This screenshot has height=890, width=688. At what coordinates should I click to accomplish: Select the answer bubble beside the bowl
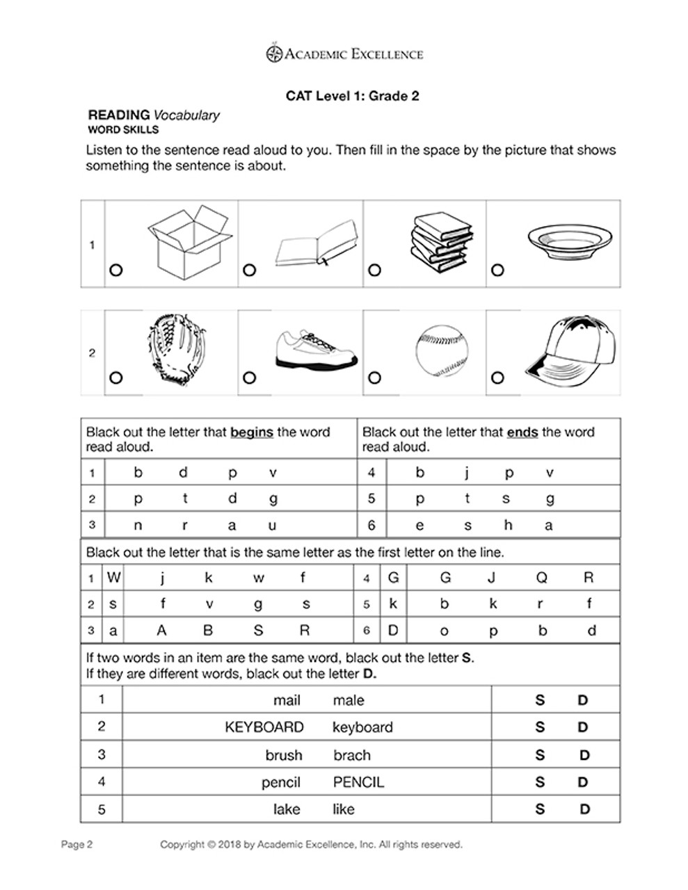pyautogui.click(x=497, y=270)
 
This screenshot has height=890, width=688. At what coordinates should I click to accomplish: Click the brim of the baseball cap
pyautogui.click(x=545, y=369)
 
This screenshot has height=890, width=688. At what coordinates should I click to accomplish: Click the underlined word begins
pyautogui.click(x=251, y=432)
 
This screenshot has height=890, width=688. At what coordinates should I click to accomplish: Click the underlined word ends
pyautogui.click(x=522, y=432)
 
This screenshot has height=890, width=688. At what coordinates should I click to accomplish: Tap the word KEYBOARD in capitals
pyautogui.click(x=264, y=727)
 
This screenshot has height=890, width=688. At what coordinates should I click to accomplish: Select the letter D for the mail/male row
pyautogui.click(x=583, y=700)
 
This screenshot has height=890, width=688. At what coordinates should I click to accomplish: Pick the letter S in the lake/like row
pyautogui.click(x=540, y=809)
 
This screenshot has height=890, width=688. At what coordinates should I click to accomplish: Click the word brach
pyautogui.click(x=352, y=755)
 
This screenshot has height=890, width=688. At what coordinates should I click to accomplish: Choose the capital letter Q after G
pyautogui.click(x=542, y=577)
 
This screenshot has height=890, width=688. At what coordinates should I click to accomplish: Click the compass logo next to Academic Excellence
pyautogui.click(x=274, y=54)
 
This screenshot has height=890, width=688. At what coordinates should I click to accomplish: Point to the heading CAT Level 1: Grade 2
pyautogui.click(x=352, y=96)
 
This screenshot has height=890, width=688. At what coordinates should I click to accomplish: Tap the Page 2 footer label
pyautogui.click(x=77, y=845)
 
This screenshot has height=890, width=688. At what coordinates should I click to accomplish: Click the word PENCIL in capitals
pyautogui.click(x=358, y=782)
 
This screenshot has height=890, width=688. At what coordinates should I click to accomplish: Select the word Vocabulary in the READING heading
pyautogui.click(x=186, y=115)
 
